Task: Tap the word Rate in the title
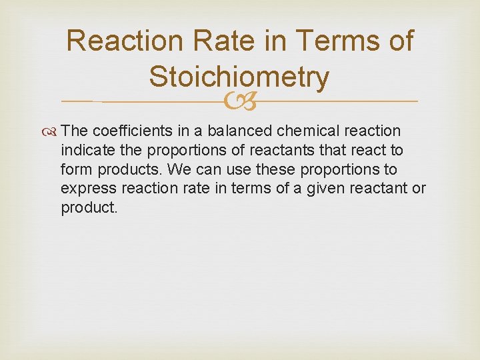(x=204, y=41)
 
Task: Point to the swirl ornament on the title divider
(x=239, y=101)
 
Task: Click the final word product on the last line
(x=87, y=208)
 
